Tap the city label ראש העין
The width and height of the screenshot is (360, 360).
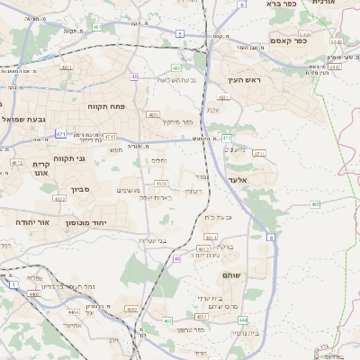pos(243,80)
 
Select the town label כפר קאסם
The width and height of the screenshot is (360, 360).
pos(288,40)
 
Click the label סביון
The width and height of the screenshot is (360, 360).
pos(80,190)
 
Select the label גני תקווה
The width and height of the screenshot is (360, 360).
pos(68,158)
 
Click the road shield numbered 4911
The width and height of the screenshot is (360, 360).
pos(67,67)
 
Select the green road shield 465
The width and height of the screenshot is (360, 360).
pos(315,204)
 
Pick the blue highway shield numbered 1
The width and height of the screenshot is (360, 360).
pos(13,284)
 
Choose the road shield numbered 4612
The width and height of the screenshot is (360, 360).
pos(17,163)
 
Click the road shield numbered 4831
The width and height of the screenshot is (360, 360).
pos(153,114)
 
